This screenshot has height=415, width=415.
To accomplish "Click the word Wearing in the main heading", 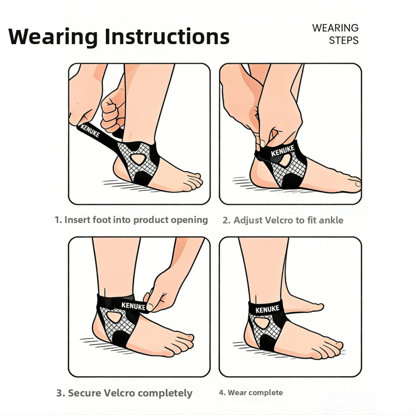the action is point(53,37).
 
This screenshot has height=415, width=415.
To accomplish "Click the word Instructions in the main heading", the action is point(167,36).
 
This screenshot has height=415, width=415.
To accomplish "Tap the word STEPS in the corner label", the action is point(343,40).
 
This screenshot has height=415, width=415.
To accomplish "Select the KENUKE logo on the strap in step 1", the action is point(90,131).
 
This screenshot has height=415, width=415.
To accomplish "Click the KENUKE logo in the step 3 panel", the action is point(133,306).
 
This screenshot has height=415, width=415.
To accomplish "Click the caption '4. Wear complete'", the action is point(251,393).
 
